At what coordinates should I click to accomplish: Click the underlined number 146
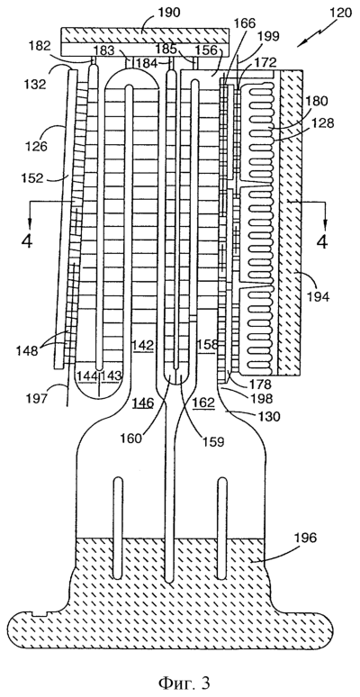pos(143,403)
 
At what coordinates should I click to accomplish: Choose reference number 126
pos(38,145)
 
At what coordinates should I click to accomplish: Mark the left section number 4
pos(27,242)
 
